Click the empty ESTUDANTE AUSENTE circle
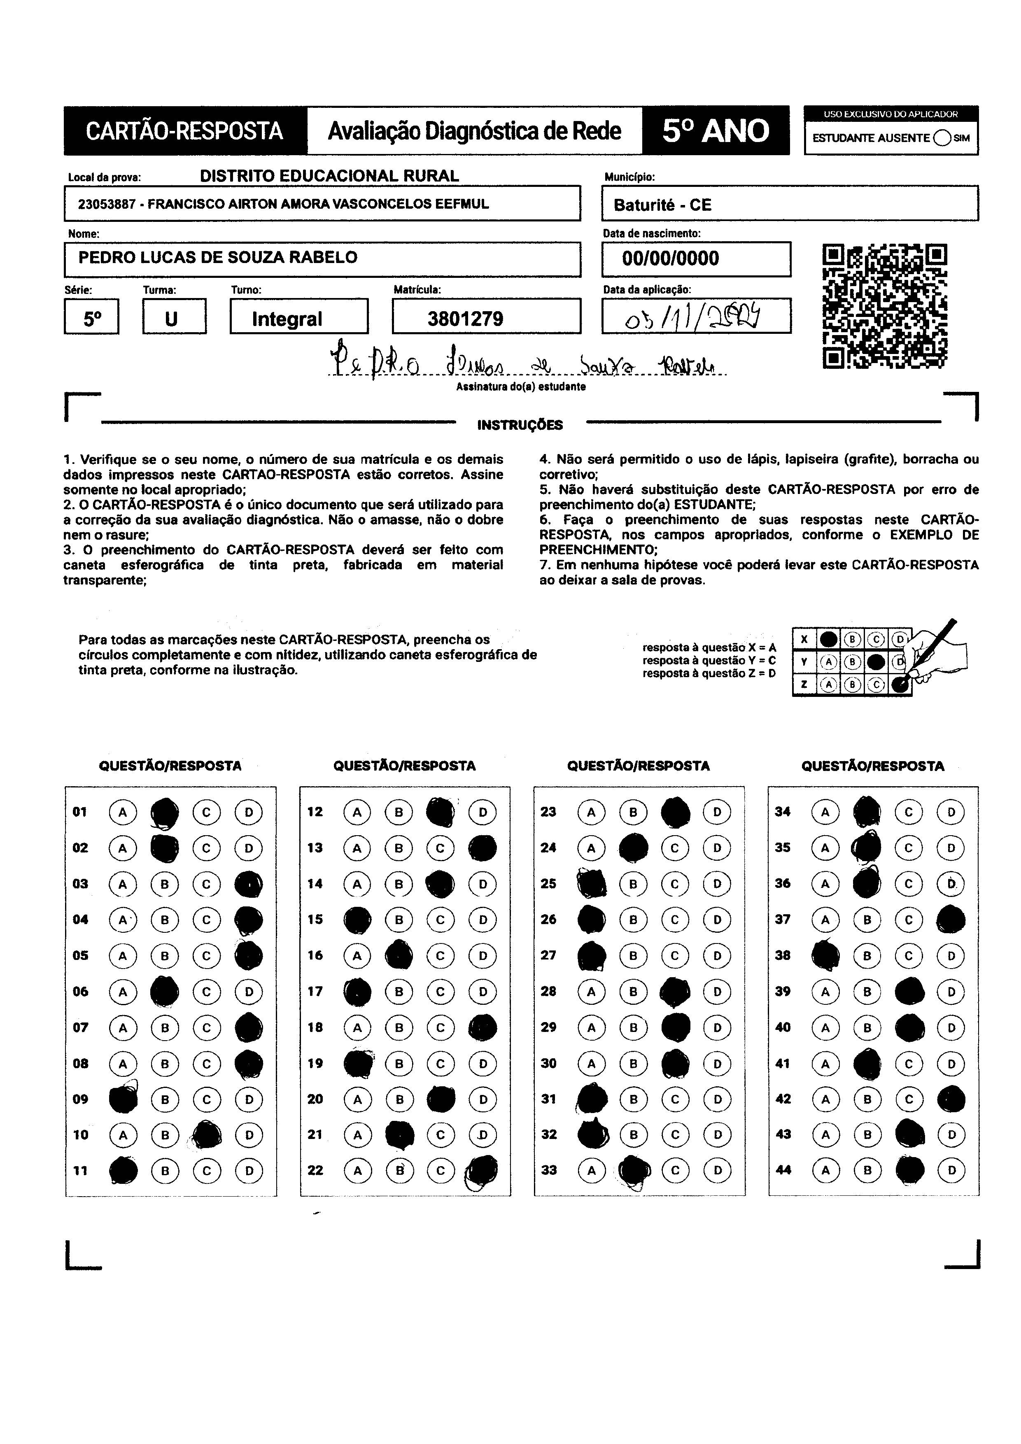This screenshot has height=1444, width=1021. click(x=942, y=138)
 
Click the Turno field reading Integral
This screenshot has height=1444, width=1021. click(x=287, y=319)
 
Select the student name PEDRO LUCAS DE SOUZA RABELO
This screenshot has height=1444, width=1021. click(x=218, y=257)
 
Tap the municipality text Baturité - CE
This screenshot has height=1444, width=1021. click(x=662, y=205)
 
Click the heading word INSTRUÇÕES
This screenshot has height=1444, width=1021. click(x=520, y=425)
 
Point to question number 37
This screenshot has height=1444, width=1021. click(x=783, y=920)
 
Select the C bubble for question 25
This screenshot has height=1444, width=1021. click(x=675, y=884)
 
